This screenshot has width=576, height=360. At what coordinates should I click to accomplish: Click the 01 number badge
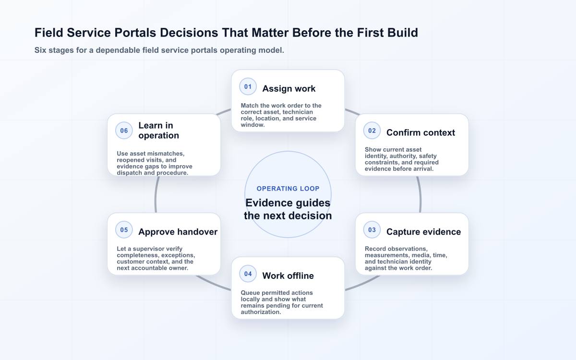[x=248, y=87]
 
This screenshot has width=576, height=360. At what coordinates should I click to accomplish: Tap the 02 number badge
[x=372, y=131]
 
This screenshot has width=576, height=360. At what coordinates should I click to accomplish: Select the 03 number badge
[x=372, y=229]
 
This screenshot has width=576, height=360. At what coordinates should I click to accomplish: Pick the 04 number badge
[x=248, y=274]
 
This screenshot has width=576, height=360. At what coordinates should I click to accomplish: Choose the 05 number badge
[x=124, y=229]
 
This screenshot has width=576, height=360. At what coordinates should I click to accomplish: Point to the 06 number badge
[x=124, y=131]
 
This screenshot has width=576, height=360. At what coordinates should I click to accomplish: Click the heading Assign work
[x=289, y=89]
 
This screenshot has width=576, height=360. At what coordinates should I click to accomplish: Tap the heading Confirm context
[x=420, y=132]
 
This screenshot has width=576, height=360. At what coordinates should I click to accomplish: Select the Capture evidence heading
[x=423, y=232]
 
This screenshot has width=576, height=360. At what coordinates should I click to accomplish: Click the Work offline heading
[x=288, y=276]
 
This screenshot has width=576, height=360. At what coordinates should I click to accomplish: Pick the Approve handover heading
[x=178, y=232]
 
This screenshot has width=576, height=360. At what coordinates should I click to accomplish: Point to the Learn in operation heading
[x=159, y=131]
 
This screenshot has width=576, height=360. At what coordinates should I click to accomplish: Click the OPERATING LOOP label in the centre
[x=288, y=189]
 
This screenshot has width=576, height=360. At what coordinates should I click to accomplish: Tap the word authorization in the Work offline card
[x=261, y=312]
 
